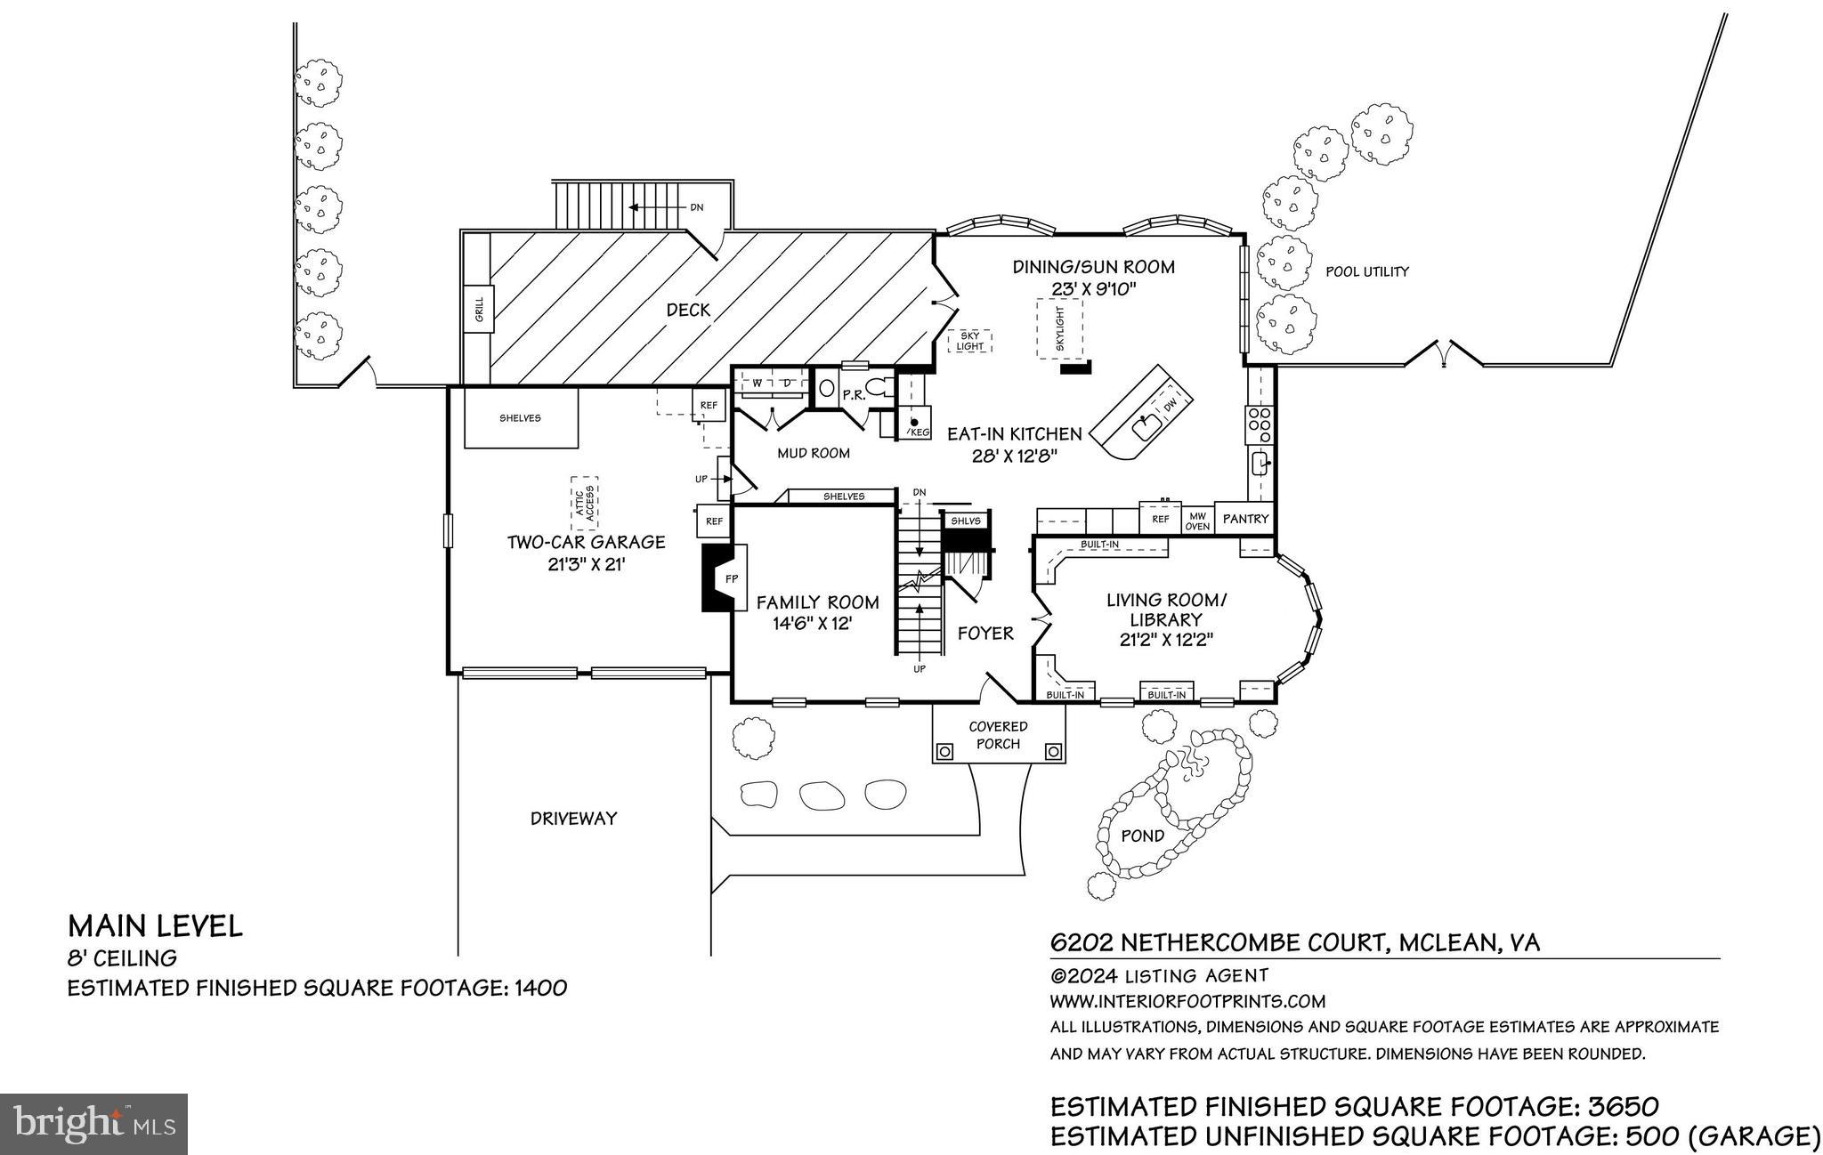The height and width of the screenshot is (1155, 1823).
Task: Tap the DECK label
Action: [688, 310]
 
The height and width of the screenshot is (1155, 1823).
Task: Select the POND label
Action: [1142, 836]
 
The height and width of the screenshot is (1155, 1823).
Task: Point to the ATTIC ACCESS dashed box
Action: [584, 504]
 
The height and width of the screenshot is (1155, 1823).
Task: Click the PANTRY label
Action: [1245, 518]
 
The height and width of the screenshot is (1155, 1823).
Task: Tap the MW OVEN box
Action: [1197, 521]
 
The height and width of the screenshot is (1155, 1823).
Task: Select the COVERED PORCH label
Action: [998, 735]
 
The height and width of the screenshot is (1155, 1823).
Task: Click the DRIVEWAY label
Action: [573, 818]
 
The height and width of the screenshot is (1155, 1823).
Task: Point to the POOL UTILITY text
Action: [1367, 271]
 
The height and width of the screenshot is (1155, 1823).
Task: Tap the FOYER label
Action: [985, 633]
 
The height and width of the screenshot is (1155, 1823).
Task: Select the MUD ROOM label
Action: [813, 453]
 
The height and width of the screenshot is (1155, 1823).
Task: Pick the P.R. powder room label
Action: [854, 395]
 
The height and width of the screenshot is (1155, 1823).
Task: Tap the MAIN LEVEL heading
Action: [155, 926]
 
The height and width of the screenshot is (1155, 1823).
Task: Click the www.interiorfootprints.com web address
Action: [1187, 1000]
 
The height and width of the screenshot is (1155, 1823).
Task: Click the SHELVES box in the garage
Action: [520, 418]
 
